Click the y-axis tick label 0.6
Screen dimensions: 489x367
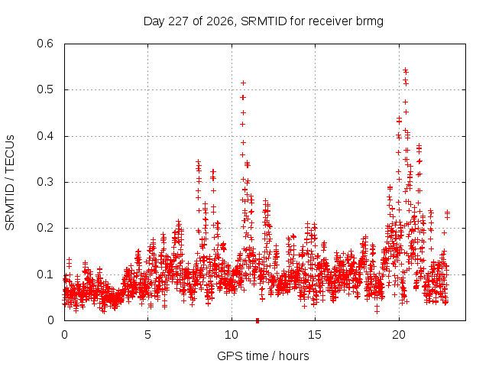45,44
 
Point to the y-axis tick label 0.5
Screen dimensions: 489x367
45,89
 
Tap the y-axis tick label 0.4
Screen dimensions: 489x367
45,136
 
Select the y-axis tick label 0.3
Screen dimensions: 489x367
45,182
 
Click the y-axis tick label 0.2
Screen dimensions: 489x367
45,228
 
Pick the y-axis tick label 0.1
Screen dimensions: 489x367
45,274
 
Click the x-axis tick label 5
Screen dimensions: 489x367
147,335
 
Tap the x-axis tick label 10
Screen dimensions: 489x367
232,335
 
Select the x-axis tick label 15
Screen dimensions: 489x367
315,335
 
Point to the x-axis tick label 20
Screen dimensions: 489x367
399,335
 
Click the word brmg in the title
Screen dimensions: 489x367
369,21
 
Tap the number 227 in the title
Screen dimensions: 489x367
178,21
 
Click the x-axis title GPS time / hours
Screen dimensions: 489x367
263,356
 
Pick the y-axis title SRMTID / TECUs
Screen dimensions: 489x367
10,183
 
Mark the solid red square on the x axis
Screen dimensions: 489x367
257,320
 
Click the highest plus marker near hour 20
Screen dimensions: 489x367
405,70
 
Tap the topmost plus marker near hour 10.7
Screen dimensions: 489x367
243,83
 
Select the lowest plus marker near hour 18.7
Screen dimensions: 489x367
377,311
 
